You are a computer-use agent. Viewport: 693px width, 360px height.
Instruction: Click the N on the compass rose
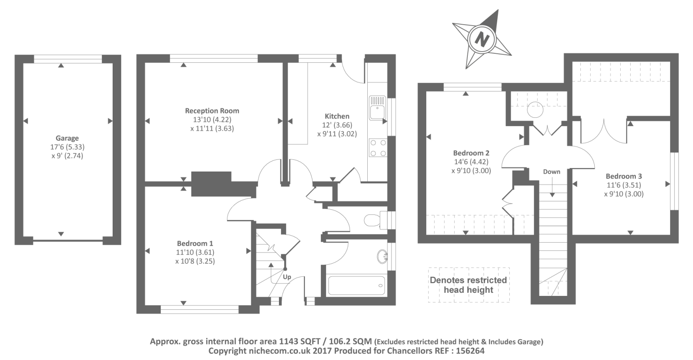482,39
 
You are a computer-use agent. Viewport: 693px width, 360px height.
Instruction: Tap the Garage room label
67,138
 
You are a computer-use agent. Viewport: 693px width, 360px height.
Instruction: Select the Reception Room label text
212,110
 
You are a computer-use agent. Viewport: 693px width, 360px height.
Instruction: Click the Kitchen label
337,116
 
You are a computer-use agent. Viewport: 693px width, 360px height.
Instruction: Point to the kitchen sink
377,108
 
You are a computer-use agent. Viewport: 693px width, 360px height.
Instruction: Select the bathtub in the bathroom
356,285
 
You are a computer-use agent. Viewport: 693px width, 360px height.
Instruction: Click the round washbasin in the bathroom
382,256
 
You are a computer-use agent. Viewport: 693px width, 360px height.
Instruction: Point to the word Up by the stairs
287,277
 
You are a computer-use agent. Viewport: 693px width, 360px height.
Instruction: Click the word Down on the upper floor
552,172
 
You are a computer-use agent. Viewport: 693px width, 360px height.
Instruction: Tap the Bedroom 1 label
195,243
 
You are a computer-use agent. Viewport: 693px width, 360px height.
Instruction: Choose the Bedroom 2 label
471,152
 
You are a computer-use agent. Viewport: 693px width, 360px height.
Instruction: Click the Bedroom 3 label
624,176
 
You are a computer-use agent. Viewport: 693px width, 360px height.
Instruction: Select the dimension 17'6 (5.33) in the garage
68,147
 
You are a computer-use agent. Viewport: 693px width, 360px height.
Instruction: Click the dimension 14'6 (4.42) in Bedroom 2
471,162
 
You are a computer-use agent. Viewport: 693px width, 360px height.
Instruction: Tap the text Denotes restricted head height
468,285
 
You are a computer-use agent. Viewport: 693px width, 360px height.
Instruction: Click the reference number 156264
470,351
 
